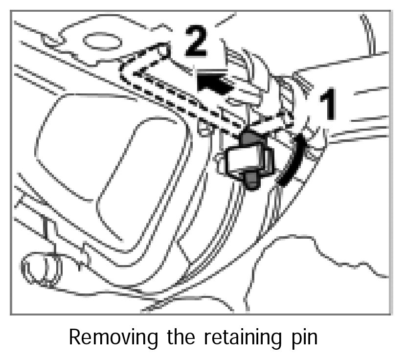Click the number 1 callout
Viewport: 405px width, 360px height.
[328, 104]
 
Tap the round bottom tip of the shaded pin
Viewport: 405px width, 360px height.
[251, 183]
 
